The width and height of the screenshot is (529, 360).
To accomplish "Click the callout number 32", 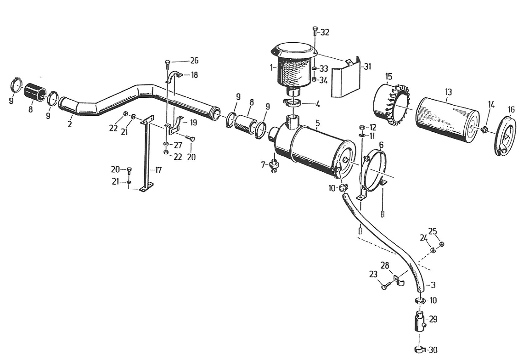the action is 325,33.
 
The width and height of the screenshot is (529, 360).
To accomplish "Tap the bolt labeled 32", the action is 315,31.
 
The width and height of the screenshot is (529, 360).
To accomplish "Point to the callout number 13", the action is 448,92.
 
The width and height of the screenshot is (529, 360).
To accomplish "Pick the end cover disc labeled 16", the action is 506,135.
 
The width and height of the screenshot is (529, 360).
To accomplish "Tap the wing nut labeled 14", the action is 484,129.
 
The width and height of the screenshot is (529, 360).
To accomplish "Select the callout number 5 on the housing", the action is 317,124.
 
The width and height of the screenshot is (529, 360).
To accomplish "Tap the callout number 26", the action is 194,61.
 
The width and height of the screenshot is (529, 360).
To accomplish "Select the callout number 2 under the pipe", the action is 69,124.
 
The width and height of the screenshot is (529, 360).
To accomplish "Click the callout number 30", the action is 433,350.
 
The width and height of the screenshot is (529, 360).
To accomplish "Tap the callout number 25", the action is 433,231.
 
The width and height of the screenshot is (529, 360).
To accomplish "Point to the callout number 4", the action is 317,104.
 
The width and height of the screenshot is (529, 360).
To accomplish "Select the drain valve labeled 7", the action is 274,165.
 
